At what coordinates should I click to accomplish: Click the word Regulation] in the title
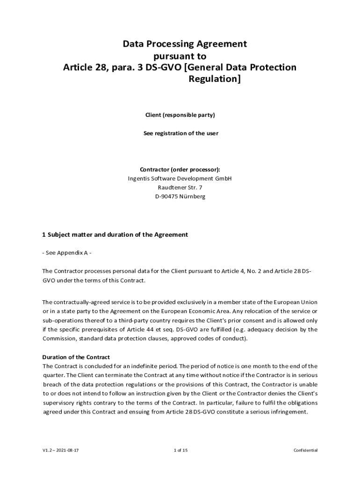pos(215,79)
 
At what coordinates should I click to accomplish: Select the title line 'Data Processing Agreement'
pos(184,44)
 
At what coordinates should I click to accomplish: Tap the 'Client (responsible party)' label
pos(180,115)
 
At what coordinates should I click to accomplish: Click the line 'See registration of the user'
pos(180,133)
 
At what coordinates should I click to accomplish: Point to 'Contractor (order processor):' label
pos(180,169)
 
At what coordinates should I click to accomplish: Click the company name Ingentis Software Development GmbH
pos(180,179)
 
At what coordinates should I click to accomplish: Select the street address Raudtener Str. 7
pos(180,188)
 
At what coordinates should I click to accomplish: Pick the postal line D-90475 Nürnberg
pos(180,197)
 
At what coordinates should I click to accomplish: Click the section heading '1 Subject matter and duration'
pos(115,235)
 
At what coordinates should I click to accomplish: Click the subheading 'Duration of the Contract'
pos(76,357)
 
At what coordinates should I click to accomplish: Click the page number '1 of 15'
pos(180,450)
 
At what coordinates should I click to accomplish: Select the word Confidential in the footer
pos(305,450)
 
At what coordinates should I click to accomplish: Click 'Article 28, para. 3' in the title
pos(103,67)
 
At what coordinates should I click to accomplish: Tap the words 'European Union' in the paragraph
pos(295,302)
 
